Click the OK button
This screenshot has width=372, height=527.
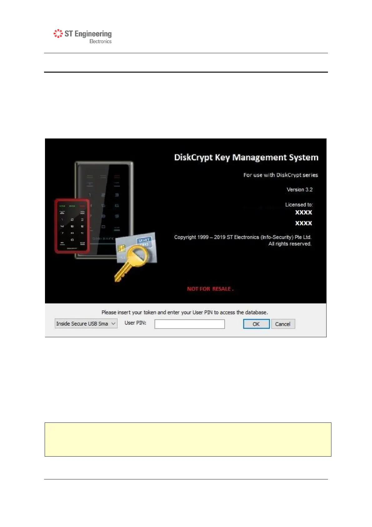(x=256, y=324)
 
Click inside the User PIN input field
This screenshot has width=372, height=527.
(x=190, y=324)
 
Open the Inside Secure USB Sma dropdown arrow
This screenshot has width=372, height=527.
(x=113, y=324)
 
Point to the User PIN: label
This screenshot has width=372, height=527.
(x=135, y=323)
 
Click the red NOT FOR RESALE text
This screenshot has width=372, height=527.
(x=210, y=289)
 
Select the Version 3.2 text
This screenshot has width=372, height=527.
(x=300, y=190)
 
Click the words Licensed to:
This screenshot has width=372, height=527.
(x=299, y=205)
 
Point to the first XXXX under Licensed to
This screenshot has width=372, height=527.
(x=304, y=212)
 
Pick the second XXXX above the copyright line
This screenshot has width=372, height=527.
(x=304, y=223)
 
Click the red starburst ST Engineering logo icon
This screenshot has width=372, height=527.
(x=58, y=33)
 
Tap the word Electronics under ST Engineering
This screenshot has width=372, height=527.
(x=100, y=41)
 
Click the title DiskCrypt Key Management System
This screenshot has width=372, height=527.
(x=246, y=157)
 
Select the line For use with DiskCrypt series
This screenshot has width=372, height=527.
(x=280, y=175)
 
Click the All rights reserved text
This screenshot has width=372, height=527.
(x=290, y=244)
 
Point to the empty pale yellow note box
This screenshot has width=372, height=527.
(x=188, y=439)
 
